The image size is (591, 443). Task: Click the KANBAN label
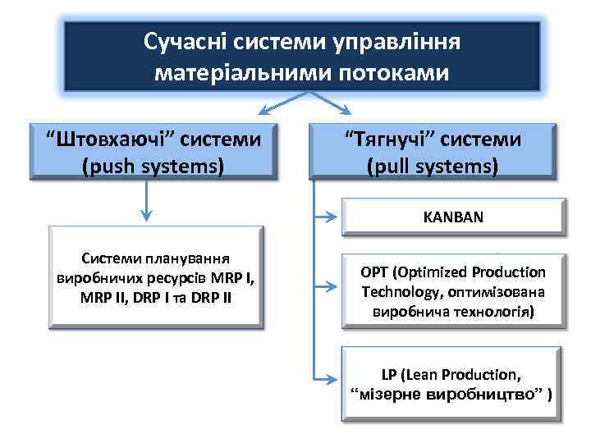coord(453,218)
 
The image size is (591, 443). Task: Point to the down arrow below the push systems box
coord(145,214)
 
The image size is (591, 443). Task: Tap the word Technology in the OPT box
coord(399,292)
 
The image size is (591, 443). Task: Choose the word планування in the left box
coord(190,257)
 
